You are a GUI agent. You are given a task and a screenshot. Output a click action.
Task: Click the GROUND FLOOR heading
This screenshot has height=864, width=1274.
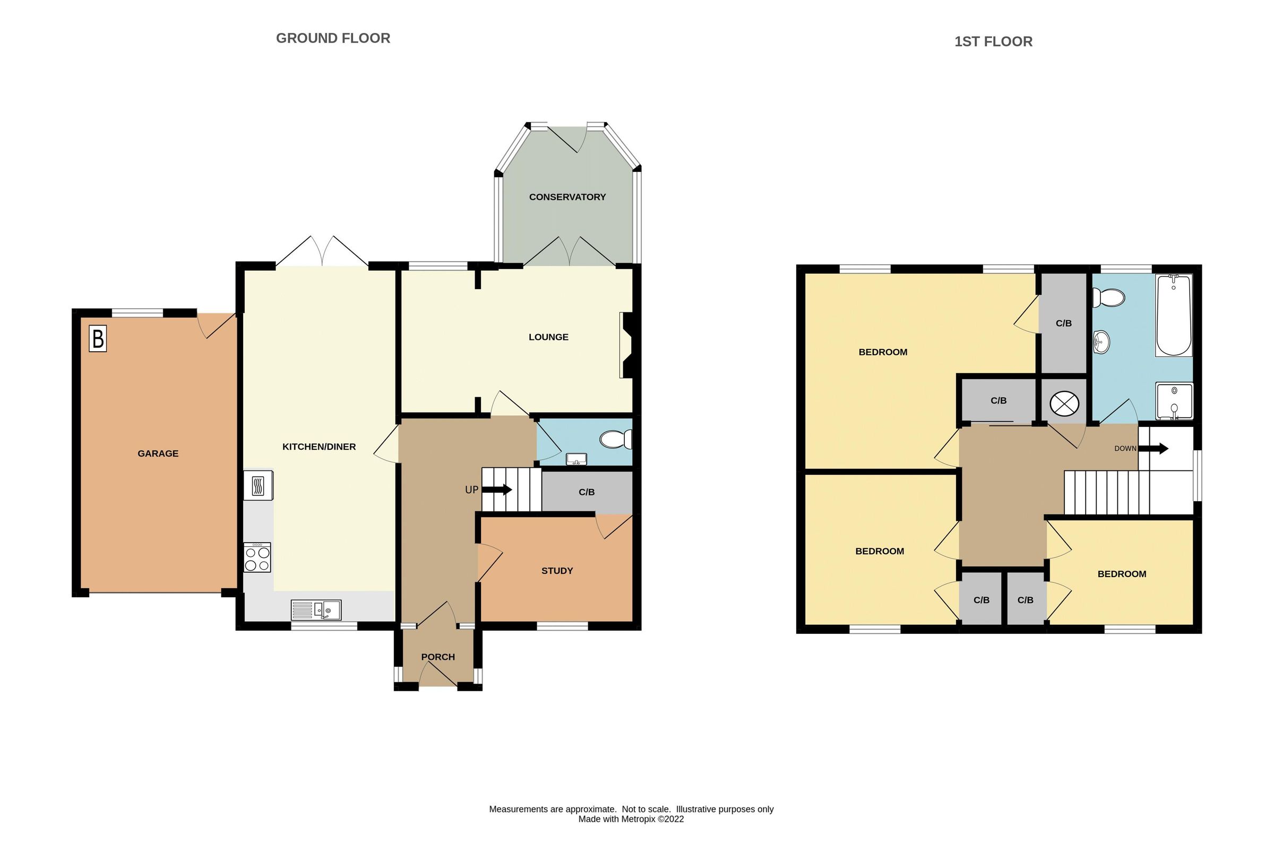coord(333,38)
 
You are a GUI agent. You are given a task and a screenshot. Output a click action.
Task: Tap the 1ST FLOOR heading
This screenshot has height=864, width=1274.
coord(993,42)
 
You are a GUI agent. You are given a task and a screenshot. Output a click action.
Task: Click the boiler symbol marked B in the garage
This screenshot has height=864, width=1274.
coord(98,339)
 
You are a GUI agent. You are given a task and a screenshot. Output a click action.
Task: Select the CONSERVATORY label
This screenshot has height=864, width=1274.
coord(567,197)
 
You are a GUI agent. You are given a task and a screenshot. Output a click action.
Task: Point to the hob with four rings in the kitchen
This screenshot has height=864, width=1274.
coord(257,558)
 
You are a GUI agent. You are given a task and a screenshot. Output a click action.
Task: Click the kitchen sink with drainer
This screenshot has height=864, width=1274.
coord(316,610)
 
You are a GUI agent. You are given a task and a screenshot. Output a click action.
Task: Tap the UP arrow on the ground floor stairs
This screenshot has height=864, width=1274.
coord(496,489)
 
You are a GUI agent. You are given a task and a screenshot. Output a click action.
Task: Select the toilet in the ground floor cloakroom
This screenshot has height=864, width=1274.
coord(616,439)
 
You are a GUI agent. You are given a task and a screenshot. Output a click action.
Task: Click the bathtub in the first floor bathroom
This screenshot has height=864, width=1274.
coord(1173,316)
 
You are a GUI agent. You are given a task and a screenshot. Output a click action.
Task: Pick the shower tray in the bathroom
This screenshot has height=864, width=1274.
coord(1174,402)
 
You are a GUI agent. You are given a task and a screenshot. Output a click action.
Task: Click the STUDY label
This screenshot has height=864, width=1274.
coord(557,571)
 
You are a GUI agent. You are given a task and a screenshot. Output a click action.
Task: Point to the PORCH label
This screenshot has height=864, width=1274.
coord(437,657)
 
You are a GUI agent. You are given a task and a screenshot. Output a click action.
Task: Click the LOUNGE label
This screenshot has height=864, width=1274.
coord(548,337)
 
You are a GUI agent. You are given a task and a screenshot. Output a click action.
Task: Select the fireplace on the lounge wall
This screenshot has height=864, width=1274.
coord(626,345)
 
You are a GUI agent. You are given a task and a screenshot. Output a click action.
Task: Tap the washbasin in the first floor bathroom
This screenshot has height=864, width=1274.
coord(1101,343)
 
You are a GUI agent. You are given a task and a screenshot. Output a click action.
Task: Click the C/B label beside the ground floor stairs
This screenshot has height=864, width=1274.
coord(587,492)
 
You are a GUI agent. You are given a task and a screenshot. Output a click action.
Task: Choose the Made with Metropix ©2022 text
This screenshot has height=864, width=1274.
coord(631,819)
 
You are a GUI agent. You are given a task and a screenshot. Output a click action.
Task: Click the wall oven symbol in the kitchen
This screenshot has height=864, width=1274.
coord(258,485)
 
